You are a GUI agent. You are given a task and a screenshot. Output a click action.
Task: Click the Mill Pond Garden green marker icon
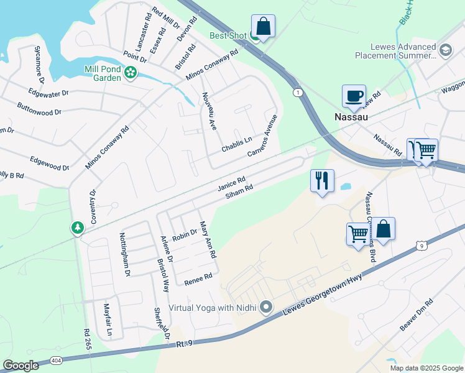point(131,73)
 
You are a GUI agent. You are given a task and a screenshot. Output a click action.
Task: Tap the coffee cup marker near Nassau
point(354,96)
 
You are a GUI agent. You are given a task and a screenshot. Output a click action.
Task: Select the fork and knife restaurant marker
point(322,180)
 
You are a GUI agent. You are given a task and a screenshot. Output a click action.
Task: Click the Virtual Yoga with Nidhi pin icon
point(267,306)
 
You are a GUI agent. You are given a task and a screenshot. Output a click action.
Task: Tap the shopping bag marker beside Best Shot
point(263,26)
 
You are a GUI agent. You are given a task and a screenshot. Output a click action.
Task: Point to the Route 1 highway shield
point(298,92)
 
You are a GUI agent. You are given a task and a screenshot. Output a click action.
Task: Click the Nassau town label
point(352,117)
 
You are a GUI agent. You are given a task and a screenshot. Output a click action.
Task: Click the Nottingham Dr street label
point(124,254)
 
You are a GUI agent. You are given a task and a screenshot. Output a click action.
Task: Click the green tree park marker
point(77,228)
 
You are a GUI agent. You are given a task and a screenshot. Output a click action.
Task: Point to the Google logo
point(21,366)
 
